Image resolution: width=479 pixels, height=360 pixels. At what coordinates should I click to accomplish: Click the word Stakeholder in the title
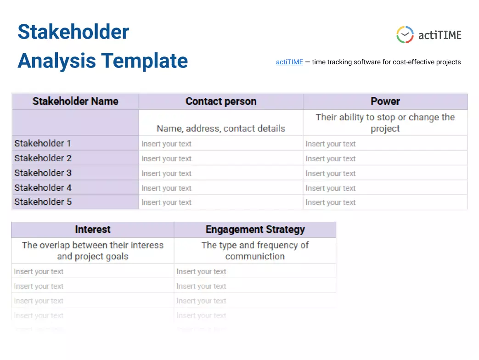(x=73, y=32)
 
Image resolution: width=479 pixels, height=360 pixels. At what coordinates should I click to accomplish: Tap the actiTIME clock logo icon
(x=405, y=35)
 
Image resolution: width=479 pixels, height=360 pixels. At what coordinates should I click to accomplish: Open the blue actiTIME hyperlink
(x=289, y=62)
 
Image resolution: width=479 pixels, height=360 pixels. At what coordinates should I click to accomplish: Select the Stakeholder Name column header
(x=75, y=101)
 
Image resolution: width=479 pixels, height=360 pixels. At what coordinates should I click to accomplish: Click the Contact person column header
(x=221, y=101)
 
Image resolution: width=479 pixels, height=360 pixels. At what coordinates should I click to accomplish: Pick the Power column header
(x=385, y=101)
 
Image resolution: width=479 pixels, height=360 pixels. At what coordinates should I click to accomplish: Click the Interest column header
(x=93, y=230)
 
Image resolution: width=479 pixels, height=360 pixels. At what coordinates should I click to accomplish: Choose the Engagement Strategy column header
(x=255, y=230)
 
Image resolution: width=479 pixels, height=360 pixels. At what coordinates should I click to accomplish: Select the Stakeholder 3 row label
(x=43, y=173)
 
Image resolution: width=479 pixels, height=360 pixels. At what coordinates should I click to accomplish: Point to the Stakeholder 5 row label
(x=43, y=202)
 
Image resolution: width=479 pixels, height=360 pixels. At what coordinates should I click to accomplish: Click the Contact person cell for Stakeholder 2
(x=166, y=159)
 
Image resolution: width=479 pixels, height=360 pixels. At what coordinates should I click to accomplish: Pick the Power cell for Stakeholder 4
(x=331, y=188)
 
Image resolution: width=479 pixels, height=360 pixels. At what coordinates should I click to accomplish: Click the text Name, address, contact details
(x=221, y=129)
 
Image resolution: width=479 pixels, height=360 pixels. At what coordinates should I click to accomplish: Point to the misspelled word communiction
(x=255, y=257)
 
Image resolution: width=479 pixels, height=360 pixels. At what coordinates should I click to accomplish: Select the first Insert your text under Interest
(x=39, y=272)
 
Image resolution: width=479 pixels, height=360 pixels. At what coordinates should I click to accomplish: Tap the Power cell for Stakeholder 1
(x=331, y=144)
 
